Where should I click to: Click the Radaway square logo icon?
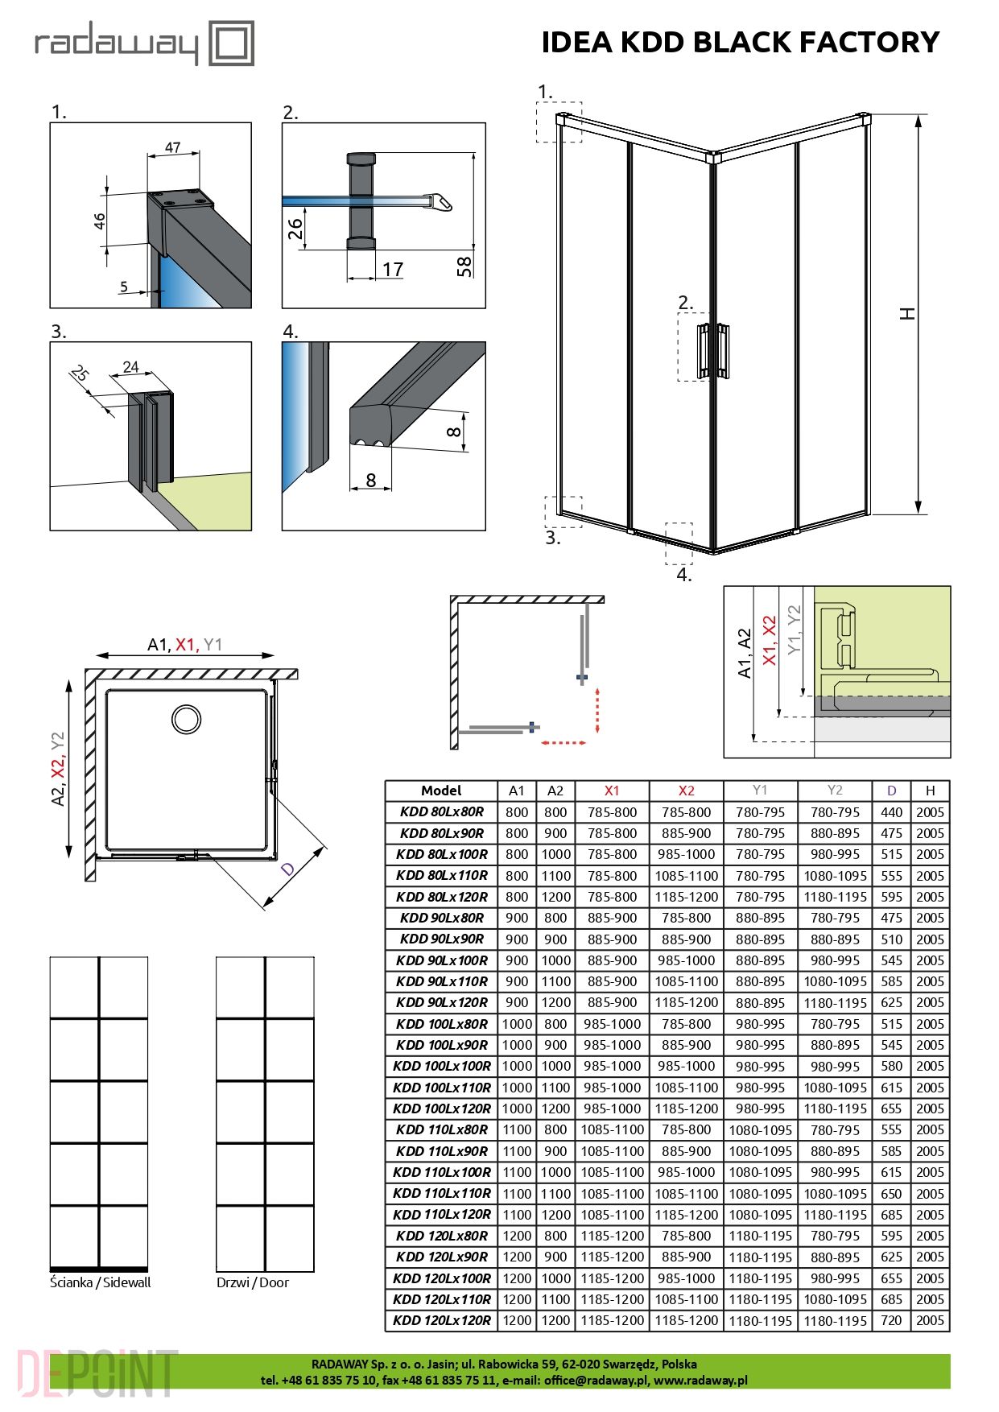click(x=232, y=43)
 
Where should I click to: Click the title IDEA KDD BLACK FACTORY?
click(x=740, y=42)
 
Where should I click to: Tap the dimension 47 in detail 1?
click(x=172, y=147)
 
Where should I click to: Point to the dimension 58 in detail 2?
click(x=464, y=266)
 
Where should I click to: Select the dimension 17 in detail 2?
click(x=392, y=269)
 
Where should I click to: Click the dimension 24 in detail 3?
click(x=130, y=367)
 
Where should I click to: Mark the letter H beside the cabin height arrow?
click(x=907, y=313)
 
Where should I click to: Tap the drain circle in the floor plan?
click(x=186, y=719)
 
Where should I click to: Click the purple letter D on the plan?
click(x=287, y=869)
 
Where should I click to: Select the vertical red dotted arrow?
click(x=597, y=710)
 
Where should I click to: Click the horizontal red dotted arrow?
click(x=563, y=742)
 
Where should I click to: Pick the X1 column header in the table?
click(x=612, y=791)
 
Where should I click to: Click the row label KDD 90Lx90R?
click(x=441, y=939)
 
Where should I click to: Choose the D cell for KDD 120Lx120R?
click(x=891, y=1320)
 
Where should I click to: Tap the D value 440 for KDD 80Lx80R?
click(x=891, y=812)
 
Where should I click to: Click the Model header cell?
click(x=441, y=791)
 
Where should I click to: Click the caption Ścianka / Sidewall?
click(x=101, y=1282)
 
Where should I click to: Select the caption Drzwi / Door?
click(x=253, y=1282)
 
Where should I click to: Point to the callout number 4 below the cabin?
click(x=683, y=575)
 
